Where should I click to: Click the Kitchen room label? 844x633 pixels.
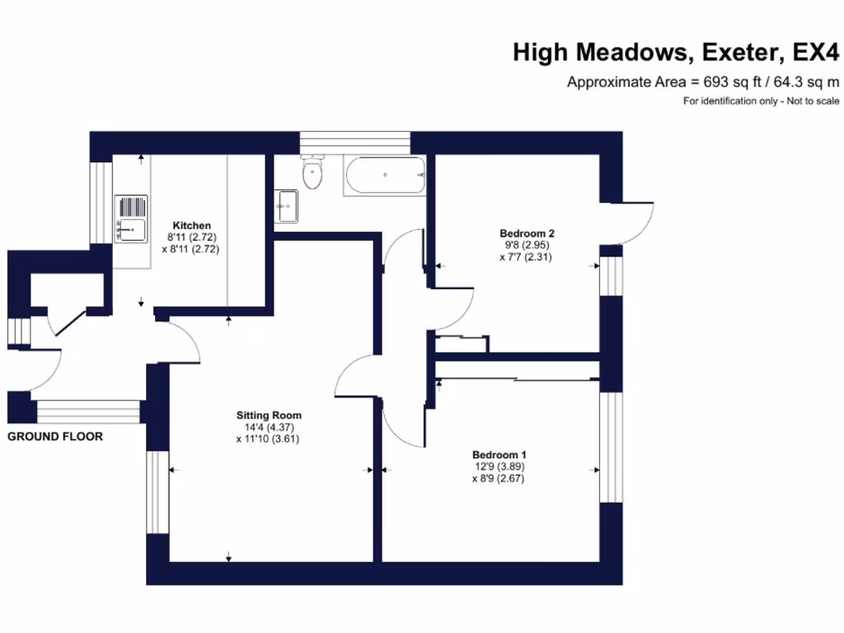point(191,225)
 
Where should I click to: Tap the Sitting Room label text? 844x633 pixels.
point(269,415)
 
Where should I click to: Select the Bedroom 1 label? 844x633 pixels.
point(499,455)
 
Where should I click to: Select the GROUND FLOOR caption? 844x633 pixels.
point(55,436)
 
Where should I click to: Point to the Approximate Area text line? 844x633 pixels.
point(703,82)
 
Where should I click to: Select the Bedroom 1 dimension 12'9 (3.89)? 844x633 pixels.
point(499,467)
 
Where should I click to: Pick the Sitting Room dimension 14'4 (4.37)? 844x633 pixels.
point(269,427)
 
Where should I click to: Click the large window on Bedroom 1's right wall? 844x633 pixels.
point(610,447)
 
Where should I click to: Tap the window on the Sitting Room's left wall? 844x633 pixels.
point(157,492)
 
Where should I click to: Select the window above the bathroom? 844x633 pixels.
point(355,142)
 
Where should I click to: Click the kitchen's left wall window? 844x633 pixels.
point(101,202)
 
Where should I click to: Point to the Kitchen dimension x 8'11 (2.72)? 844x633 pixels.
point(191,248)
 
